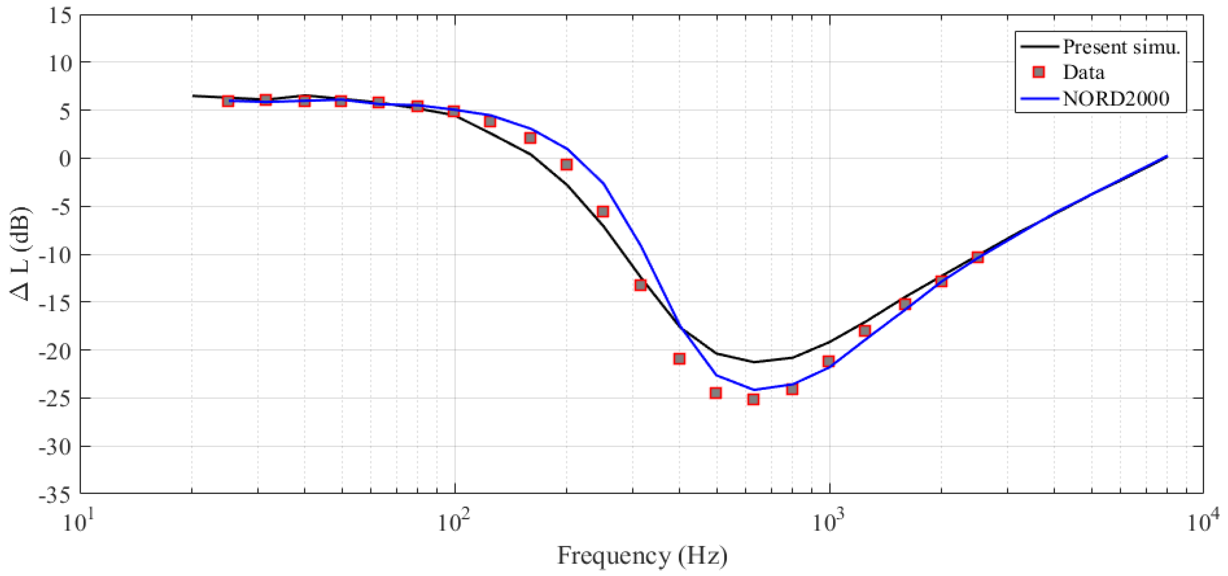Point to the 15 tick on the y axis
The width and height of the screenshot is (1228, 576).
[x=61, y=15]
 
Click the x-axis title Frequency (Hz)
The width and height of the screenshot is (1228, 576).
[x=642, y=556]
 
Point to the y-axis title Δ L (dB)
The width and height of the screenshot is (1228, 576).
[x=21, y=253]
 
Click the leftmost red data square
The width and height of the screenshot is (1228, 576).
[x=228, y=101]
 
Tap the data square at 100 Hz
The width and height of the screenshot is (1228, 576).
[x=453, y=111]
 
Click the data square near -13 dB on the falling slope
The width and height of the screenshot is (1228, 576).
[x=640, y=285]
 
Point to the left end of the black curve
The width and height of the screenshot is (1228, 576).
[x=193, y=95]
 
